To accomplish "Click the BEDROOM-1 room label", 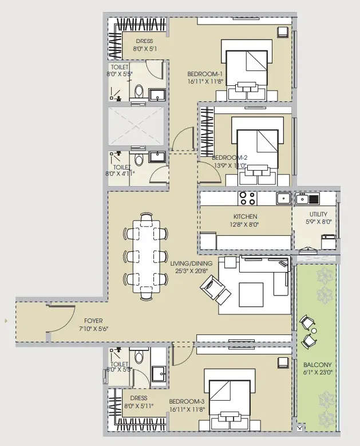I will tap(204, 74).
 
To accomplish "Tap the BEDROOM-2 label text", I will tap(229, 158).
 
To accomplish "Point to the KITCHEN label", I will tap(245, 216).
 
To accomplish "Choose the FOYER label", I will tap(94, 321).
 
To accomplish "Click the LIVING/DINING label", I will tap(191, 263).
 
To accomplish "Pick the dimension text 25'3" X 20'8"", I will tap(191, 271).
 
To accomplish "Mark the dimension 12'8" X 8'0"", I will tap(245, 224).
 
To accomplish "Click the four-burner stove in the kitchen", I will tap(247, 198).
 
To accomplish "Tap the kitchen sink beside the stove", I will tap(283, 198).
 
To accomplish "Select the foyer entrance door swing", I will tap(61, 318).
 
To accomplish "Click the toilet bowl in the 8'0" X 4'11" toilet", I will tap(137, 159).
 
